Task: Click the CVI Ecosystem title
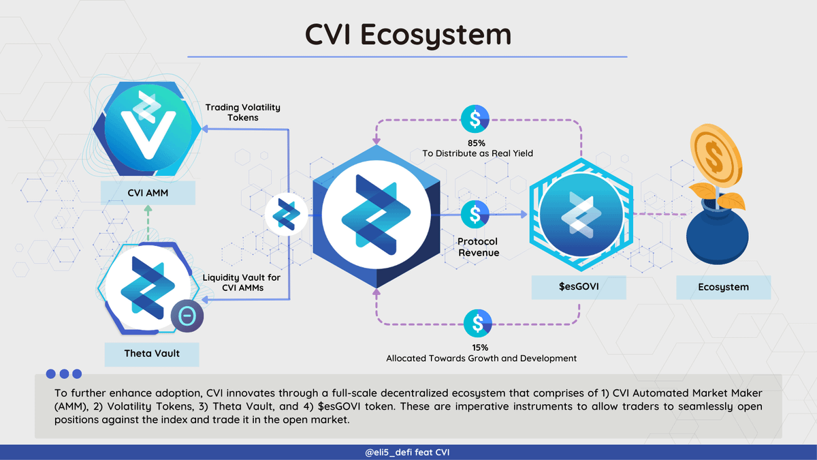tap(408, 34)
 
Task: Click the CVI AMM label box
tap(148, 194)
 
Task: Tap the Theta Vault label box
tap(152, 354)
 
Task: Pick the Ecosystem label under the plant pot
tap(723, 287)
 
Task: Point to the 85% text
tap(477, 142)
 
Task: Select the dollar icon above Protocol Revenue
tap(474, 214)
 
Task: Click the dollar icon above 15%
tap(477, 322)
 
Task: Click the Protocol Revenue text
tap(478, 247)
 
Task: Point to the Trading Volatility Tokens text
tap(243, 112)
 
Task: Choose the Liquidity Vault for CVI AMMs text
tap(242, 283)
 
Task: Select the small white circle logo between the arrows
tap(283, 214)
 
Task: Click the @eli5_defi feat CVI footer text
tap(408, 453)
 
